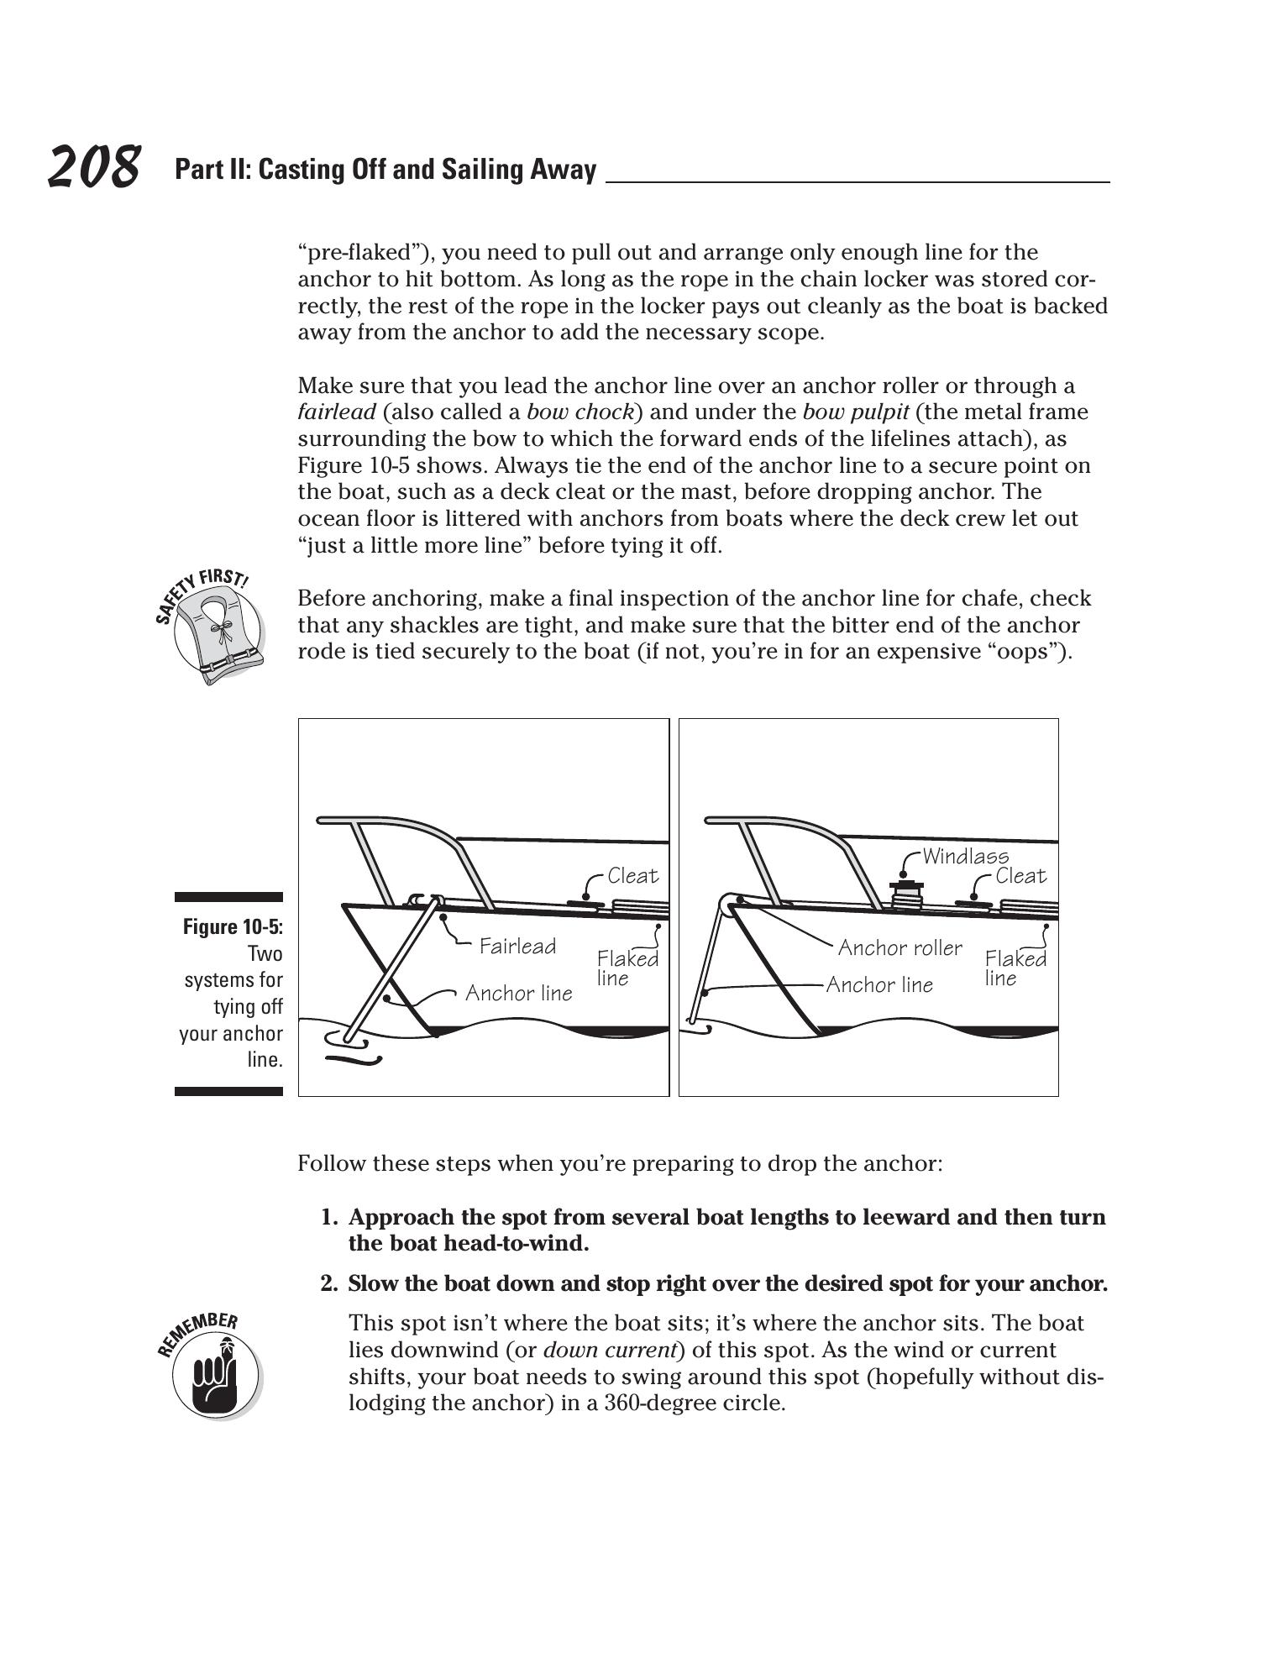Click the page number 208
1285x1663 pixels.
(93, 167)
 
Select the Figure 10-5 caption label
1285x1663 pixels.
(233, 926)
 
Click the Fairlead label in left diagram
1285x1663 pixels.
(517, 947)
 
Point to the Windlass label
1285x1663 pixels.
(965, 856)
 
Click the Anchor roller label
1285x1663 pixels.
(899, 947)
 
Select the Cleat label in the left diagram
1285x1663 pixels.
(632, 876)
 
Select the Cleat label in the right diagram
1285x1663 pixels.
(1020, 876)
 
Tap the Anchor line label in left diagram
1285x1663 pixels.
(518, 994)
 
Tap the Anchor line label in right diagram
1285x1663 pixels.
(879, 984)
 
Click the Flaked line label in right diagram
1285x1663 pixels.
(1015, 968)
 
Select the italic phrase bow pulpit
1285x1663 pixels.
(855, 412)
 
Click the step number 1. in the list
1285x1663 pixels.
(330, 1217)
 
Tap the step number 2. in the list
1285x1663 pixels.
(330, 1283)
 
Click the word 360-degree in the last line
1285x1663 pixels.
(659, 1403)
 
